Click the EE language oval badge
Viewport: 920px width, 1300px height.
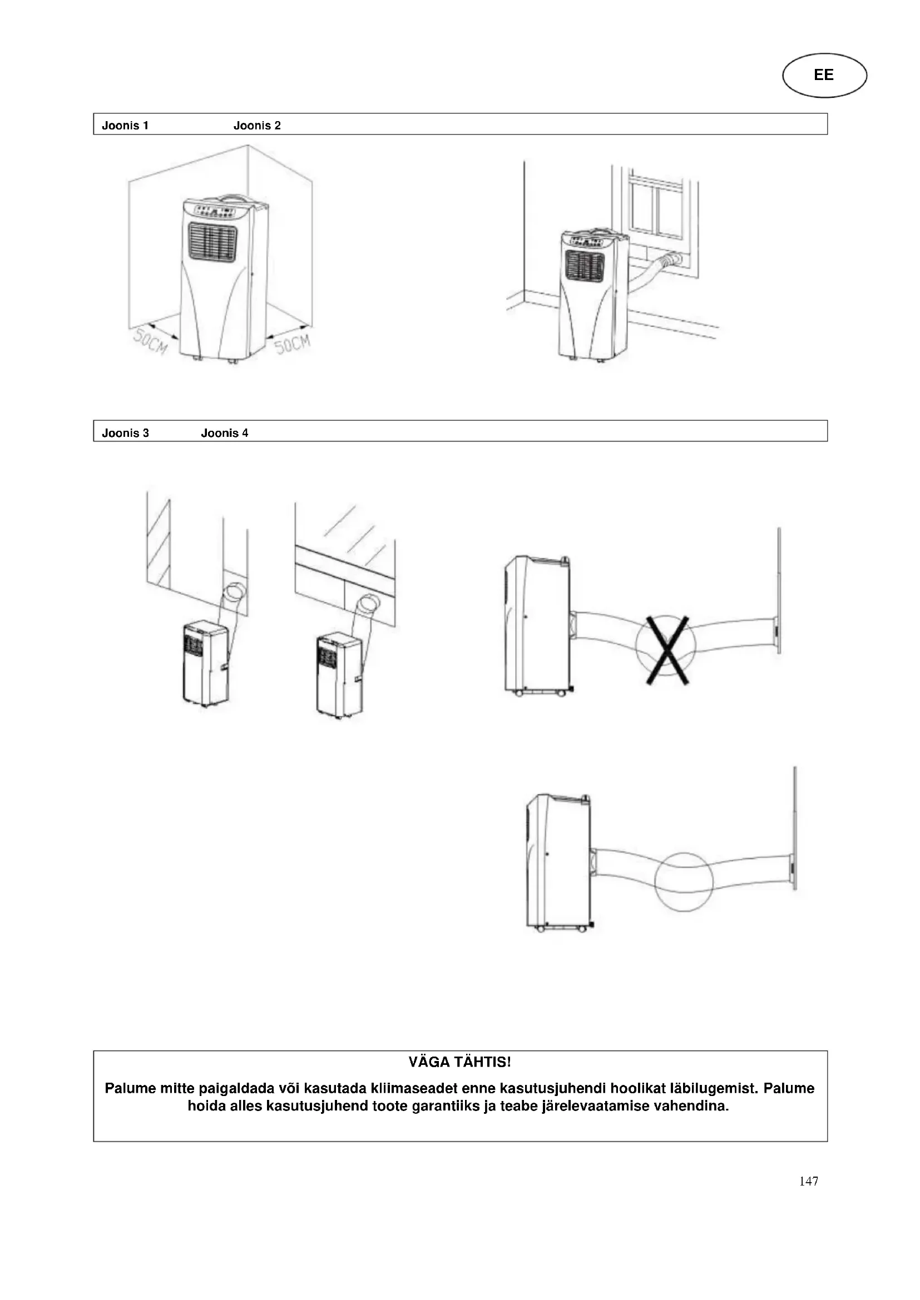(824, 75)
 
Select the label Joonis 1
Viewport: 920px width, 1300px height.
(125, 126)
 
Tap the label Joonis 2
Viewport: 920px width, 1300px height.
(256, 126)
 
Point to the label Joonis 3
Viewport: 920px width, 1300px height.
(125, 433)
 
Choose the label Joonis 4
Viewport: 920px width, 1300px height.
(224, 433)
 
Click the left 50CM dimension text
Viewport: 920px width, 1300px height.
(150, 342)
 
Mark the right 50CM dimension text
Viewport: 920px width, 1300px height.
(293, 343)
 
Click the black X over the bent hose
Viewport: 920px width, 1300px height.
(667, 650)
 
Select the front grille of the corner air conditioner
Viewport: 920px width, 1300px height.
(212, 242)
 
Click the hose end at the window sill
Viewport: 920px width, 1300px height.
(674, 260)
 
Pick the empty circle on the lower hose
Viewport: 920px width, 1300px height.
(683, 881)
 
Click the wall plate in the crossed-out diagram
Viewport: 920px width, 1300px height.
(779, 591)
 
